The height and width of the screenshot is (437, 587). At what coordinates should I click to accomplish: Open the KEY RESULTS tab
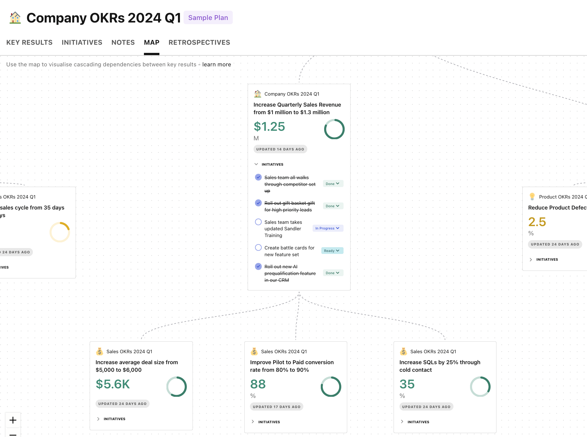click(29, 42)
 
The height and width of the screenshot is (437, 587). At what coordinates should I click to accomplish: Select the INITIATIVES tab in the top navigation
click(82, 42)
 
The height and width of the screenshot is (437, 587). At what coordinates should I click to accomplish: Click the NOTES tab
click(123, 42)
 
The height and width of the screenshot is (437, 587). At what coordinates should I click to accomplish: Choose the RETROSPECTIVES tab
click(199, 42)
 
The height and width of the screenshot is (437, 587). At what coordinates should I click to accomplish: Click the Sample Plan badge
click(208, 18)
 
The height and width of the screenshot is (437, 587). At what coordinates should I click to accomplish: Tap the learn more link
click(216, 64)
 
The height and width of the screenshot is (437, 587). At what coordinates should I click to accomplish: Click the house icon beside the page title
click(15, 18)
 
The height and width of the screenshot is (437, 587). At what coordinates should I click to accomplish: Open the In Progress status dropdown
click(328, 228)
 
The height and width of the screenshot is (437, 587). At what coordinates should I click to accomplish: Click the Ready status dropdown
click(332, 251)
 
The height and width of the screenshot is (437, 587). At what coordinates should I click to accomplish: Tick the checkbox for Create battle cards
click(258, 248)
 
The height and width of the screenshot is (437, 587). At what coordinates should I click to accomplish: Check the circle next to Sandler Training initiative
click(258, 222)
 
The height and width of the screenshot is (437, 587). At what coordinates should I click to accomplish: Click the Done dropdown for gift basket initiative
click(333, 206)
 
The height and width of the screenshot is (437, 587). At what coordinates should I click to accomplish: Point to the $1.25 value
click(269, 127)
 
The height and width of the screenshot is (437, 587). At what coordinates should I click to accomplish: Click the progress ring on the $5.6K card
click(177, 387)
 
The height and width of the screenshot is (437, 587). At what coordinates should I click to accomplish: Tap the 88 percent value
click(258, 384)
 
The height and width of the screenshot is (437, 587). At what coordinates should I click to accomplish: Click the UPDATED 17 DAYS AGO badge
click(276, 407)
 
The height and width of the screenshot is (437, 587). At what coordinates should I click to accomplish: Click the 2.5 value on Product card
click(537, 222)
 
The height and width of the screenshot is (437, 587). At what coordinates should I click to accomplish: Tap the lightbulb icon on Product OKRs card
click(532, 197)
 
